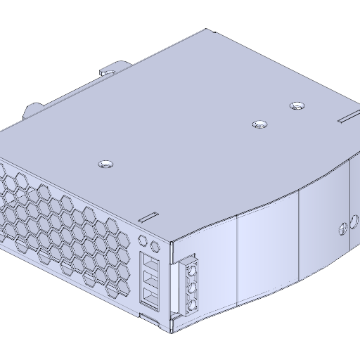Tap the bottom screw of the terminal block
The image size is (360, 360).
[x=191, y=305]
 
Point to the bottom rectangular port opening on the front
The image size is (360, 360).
[x=151, y=296]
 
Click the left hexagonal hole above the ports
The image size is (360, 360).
[x=144, y=239]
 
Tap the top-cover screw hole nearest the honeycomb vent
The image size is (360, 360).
[x=105, y=164]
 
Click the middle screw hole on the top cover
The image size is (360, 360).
[x=260, y=125]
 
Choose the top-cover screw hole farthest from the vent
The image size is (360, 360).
[x=297, y=106]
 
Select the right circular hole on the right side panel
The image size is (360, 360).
[x=353, y=224]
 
